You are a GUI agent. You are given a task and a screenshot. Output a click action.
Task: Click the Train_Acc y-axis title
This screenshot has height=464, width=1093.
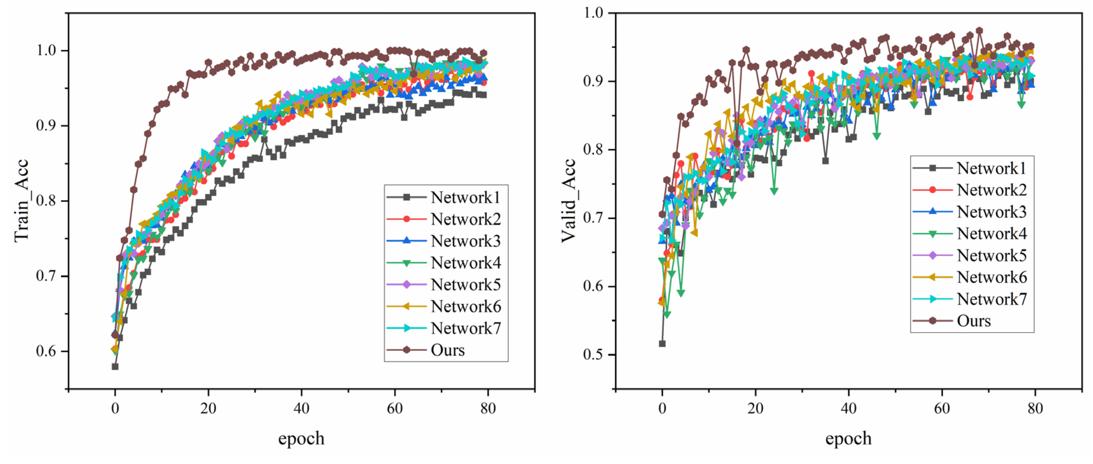[x=21, y=200]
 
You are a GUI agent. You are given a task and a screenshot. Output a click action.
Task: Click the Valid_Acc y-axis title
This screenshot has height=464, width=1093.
[x=568, y=200]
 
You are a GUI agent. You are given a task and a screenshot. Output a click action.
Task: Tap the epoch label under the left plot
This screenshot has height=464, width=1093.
[x=301, y=438]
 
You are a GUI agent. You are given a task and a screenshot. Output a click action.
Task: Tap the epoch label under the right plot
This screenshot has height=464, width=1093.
[x=848, y=438]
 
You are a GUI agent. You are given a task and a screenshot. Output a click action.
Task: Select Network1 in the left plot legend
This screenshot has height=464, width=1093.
[x=465, y=197]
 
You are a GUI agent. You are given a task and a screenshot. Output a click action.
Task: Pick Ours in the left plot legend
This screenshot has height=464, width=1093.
[x=448, y=350]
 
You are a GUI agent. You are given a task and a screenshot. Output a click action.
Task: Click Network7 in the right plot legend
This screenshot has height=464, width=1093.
[x=991, y=299]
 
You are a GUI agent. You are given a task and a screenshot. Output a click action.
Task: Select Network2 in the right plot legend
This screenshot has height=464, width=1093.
[x=991, y=190]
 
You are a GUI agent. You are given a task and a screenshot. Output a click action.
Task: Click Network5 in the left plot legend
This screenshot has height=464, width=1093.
[x=465, y=285]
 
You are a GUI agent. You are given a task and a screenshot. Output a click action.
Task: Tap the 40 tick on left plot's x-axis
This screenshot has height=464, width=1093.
[x=301, y=408]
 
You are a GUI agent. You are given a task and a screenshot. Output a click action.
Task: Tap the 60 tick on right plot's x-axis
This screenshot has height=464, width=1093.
[x=942, y=408]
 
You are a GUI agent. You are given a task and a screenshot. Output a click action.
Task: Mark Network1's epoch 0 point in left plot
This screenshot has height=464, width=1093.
[x=115, y=366]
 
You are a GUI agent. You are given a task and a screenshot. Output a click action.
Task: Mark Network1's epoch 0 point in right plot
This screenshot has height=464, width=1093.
[x=662, y=344]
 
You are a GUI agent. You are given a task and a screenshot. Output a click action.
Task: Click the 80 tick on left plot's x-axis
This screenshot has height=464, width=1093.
[x=488, y=408]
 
